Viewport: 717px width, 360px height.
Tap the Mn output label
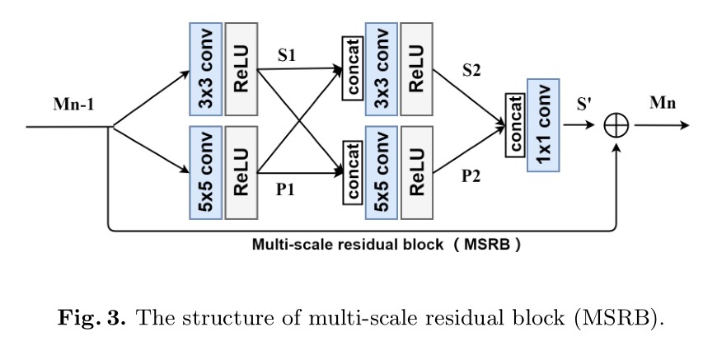(663, 103)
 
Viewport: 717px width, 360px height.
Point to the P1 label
(285, 189)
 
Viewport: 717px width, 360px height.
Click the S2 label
(471, 71)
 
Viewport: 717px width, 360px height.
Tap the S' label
(583, 105)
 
